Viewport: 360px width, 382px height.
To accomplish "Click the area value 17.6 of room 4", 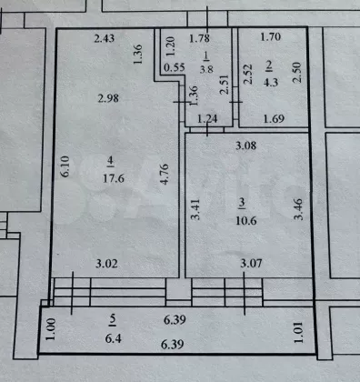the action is pyautogui.click(x=114, y=178).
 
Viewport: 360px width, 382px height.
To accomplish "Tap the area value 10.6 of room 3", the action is pyautogui.click(x=246, y=221).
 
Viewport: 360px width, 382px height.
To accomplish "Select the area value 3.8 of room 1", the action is pyautogui.click(x=206, y=69).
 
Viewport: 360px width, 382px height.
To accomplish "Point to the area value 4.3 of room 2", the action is pyautogui.click(x=271, y=82).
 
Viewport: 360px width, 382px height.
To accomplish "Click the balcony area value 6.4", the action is pyautogui.click(x=114, y=338).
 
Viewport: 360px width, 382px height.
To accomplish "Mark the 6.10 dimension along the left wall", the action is pyautogui.click(x=65, y=166).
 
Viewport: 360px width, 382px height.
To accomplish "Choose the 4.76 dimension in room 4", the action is pyautogui.click(x=164, y=174).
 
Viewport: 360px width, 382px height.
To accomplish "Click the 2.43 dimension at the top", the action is pyautogui.click(x=105, y=38).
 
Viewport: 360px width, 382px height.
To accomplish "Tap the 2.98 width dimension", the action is pyautogui.click(x=108, y=98).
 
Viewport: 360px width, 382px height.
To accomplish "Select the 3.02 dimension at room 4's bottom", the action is pyautogui.click(x=106, y=264).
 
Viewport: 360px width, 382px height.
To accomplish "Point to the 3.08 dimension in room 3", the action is pyautogui.click(x=246, y=146).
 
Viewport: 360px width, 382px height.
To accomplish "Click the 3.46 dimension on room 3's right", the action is pyautogui.click(x=298, y=209).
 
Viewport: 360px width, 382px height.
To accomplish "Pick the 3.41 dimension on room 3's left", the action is pyautogui.click(x=195, y=209).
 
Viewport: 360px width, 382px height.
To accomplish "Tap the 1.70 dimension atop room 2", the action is pyautogui.click(x=271, y=36).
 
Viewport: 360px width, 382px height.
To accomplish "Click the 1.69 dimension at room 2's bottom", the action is pyautogui.click(x=274, y=118).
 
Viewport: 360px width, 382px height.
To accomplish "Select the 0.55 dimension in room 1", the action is pyautogui.click(x=175, y=67).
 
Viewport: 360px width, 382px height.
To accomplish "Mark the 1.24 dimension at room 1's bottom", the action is pyautogui.click(x=207, y=118).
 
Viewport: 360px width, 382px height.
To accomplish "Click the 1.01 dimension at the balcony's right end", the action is pyautogui.click(x=299, y=333).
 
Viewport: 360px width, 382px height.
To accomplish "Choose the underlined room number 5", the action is pyautogui.click(x=113, y=320).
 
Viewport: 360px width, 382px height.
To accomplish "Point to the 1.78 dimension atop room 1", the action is pyautogui.click(x=199, y=38).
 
